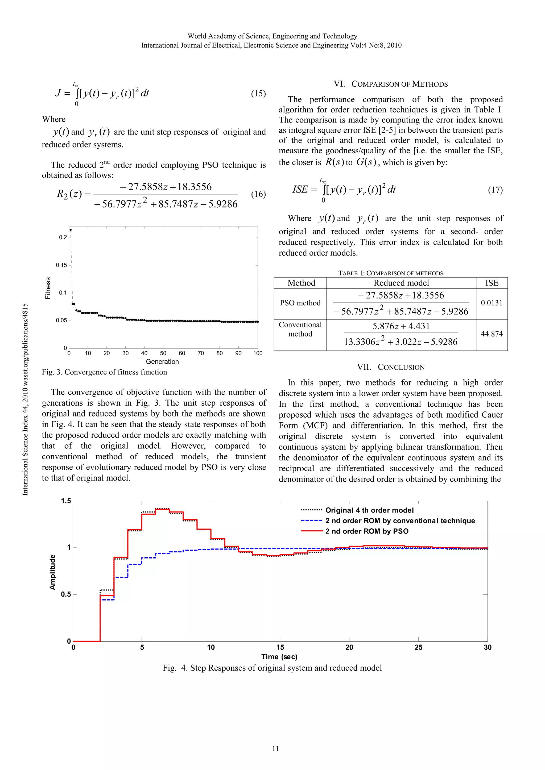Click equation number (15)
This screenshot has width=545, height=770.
coord(258,93)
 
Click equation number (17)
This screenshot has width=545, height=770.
coord(495,190)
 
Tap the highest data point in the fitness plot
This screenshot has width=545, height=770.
coord(71,230)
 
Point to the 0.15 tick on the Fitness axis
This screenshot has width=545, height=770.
coord(61,265)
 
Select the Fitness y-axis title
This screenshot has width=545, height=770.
coord(48,288)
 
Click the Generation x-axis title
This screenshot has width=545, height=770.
coord(162,361)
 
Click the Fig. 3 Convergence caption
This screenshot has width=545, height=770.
coord(104,372)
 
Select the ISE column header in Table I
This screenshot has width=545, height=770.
coord(492,283)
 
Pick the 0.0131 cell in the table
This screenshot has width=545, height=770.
coord(492,303)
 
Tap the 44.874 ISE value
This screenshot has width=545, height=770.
coord(492,334)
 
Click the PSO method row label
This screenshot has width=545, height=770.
coord(300,303)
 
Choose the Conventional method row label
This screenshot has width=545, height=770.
coord(300,329)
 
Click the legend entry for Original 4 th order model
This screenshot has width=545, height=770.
coord(369,510)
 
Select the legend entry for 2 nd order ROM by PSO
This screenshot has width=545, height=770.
coord(367,531)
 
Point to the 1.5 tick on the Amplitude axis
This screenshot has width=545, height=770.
coord(66,501)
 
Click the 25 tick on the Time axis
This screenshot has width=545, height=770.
coord(418,647)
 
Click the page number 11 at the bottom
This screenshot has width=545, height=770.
coord(275,748)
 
